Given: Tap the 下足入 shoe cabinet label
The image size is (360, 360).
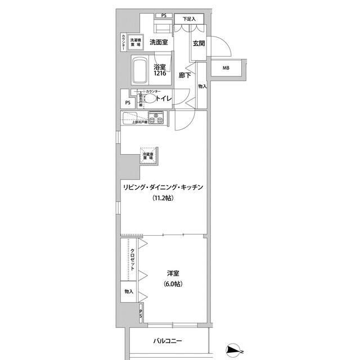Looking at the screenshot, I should (x=189, y=19).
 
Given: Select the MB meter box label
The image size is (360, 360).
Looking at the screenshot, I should (x=226, y=69).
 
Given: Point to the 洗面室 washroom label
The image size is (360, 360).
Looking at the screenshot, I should (x=159, y=42).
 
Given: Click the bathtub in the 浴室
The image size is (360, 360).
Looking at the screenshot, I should (x=140, y=70).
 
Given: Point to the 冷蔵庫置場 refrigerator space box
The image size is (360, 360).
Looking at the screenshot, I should (x=148, y=157).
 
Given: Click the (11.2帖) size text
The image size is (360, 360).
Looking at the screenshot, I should (x=162, y=198).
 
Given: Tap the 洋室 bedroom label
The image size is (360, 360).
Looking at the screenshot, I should (x=173, y=273).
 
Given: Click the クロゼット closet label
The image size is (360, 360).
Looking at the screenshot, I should (x=133, y=260).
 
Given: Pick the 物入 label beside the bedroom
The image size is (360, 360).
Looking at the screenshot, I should (x=129, y=291).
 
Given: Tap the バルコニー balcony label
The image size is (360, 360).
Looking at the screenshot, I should (x=169, y=341).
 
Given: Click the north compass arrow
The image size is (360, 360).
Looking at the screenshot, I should (x=234, y=350).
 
